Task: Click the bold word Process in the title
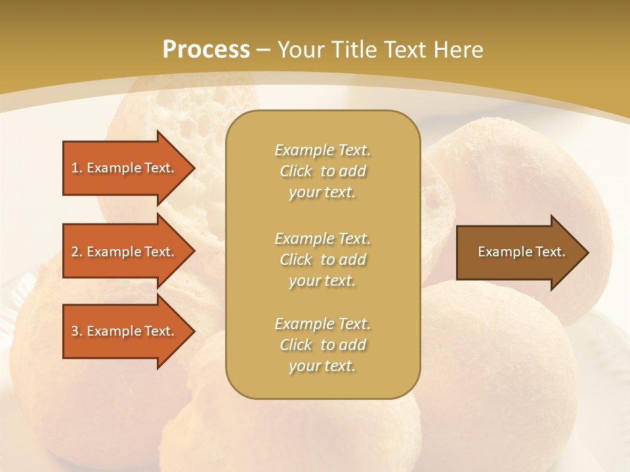tap(206, 50)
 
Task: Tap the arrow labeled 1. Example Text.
tap(123, 168)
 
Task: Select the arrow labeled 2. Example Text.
tap(123, 252)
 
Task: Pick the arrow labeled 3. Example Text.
tap(123, 331)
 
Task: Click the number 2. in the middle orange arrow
tap(77, 252)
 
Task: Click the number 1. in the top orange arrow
tap(77, 168)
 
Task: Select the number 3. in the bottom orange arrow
tap(77, 331)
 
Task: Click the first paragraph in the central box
tap(322, 171)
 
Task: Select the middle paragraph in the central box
tap(322, 260)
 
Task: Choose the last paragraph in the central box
tap(322, 345)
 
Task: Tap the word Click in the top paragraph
tap(296, 171)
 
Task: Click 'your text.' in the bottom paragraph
tap(322, 366)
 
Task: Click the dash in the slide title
tap(264, 50)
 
